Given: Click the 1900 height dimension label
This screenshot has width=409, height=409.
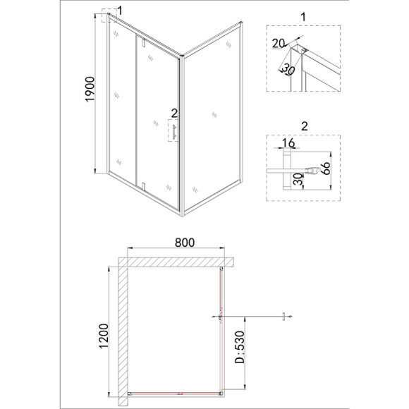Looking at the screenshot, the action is pyautogui.click(x=90, y=89).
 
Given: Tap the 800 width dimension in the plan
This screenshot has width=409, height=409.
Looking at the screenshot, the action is pyautogui.click(x=185, y=243).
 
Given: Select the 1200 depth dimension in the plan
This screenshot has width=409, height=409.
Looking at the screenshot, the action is pyautogui.click(x=104, y=336).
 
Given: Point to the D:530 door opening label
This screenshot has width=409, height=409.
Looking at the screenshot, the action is pyautogui.click(x=240, y=347).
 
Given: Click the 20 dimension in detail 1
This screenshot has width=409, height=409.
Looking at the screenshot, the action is pyautogui.click(x=279, y=44).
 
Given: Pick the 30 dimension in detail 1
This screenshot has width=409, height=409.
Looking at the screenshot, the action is pyautogui.click(x=288, y=69).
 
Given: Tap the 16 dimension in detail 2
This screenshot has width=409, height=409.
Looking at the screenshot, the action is pyautogui.click(x=288, y=143).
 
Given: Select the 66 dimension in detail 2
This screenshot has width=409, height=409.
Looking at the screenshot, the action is pyautogui.click(x=326, y=169).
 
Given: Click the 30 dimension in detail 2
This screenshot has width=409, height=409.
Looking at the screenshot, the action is pyautogui.click(x=298, y=179).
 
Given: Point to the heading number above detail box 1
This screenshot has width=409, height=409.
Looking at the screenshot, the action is pyautogui.click(x=303, y=17).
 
